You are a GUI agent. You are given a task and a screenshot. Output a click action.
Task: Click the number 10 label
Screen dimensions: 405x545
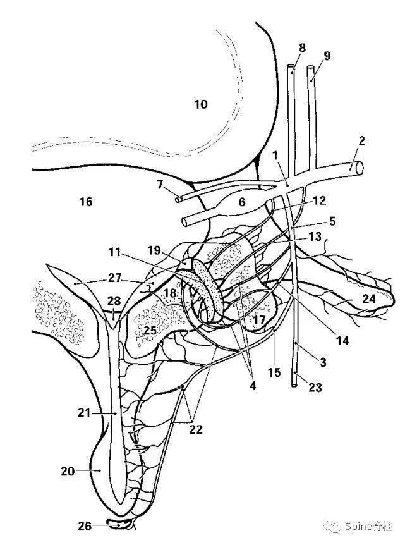tap(200, 104)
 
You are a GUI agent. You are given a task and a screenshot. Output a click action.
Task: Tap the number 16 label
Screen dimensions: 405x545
tap(86, 201)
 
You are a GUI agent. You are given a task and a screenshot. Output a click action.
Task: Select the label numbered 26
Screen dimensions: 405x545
tap(85, 526)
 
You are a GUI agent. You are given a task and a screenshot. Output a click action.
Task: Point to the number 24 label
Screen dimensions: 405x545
tap(368, 298)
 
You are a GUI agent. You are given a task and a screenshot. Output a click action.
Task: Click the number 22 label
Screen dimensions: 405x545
tap(196, 429)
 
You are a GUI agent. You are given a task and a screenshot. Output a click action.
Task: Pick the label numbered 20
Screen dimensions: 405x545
tap(68, 471)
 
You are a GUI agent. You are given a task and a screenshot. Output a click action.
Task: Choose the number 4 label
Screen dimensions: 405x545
tap(253, 386)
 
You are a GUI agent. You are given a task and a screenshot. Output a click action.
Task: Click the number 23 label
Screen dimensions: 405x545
tap(315, 387)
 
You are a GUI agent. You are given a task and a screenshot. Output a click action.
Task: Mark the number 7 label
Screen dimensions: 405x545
tap(159, 184)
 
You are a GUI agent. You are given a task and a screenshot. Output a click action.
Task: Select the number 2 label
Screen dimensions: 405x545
tap(361, 141)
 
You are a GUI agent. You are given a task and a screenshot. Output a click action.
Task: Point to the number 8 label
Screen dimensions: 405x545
tap(302, 47)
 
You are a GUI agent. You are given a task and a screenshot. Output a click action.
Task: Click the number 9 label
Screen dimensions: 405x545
tap(327, 56)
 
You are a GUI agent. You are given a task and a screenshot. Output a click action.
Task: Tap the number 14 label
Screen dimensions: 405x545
tap(342, 341)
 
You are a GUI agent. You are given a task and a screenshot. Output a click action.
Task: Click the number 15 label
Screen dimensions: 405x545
tap(274, 372)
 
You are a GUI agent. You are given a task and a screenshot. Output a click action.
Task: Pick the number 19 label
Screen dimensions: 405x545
tap(154, 250)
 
